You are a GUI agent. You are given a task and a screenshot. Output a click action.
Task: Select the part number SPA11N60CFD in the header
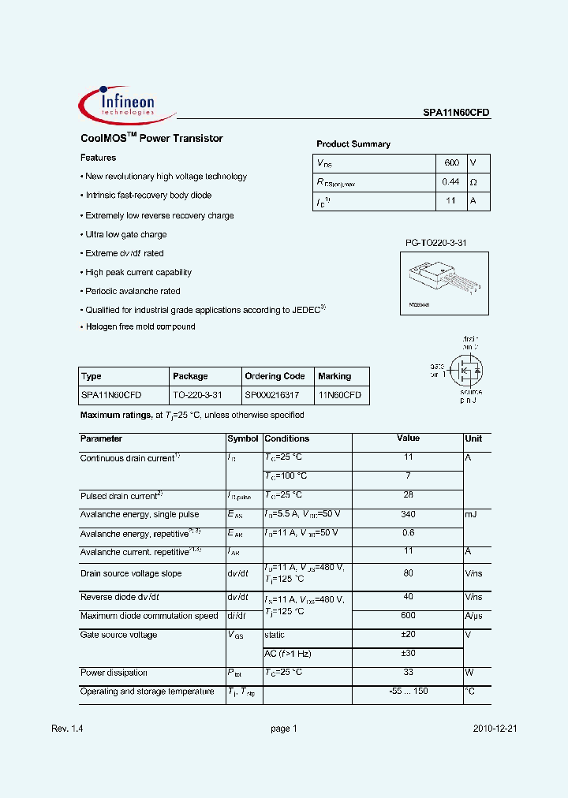point(456,113)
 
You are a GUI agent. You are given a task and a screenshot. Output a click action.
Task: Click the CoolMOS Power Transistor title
point(151,139)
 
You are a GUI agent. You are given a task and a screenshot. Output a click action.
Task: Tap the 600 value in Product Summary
point(451,163)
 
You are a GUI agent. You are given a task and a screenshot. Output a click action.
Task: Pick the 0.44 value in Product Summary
point(451,182)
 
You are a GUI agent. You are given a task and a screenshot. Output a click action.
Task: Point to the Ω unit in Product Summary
point(473,182)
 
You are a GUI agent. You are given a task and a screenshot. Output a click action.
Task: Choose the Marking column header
point(334,376)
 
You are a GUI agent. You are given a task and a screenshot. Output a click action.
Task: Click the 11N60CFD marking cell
point(339,395)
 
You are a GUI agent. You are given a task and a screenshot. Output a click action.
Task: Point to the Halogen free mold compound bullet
point(140,326)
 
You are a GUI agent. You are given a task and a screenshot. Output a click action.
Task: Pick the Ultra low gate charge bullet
point(125,234)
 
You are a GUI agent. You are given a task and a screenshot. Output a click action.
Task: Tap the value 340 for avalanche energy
point(408,514)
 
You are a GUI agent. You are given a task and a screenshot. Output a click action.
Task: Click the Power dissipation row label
point(114,673)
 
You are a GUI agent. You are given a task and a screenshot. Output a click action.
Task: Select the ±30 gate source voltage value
point(408,654)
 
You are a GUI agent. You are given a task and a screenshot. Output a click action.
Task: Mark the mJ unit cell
point(471,514)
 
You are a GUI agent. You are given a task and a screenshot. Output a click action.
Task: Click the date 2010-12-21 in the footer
point(495,729)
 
